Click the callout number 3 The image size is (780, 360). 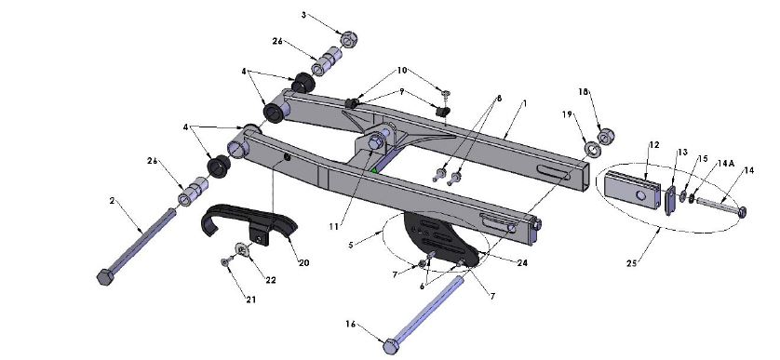[x=304, y=15]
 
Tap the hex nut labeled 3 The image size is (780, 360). [x=349, y=39]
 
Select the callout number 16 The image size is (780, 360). [x=351, y=325]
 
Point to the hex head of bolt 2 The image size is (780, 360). [x=105, y=277]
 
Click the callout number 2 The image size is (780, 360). [x=113, y=200]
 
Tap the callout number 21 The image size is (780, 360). [x=250, y=300]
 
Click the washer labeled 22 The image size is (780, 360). [x=242, y=248]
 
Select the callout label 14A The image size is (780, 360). [x=726, y=164]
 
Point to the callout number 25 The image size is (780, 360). [x=631, y=263]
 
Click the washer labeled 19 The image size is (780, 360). [x=591, y=149]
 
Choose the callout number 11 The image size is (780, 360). [x=334, y=227]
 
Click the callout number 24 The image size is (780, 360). [x=522, y=262]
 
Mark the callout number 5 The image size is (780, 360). [x=351, y=245]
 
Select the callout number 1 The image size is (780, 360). [x=524, y=103]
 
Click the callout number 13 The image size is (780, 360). [x=681, y=153]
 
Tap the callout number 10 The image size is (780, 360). [x=402, y=70]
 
